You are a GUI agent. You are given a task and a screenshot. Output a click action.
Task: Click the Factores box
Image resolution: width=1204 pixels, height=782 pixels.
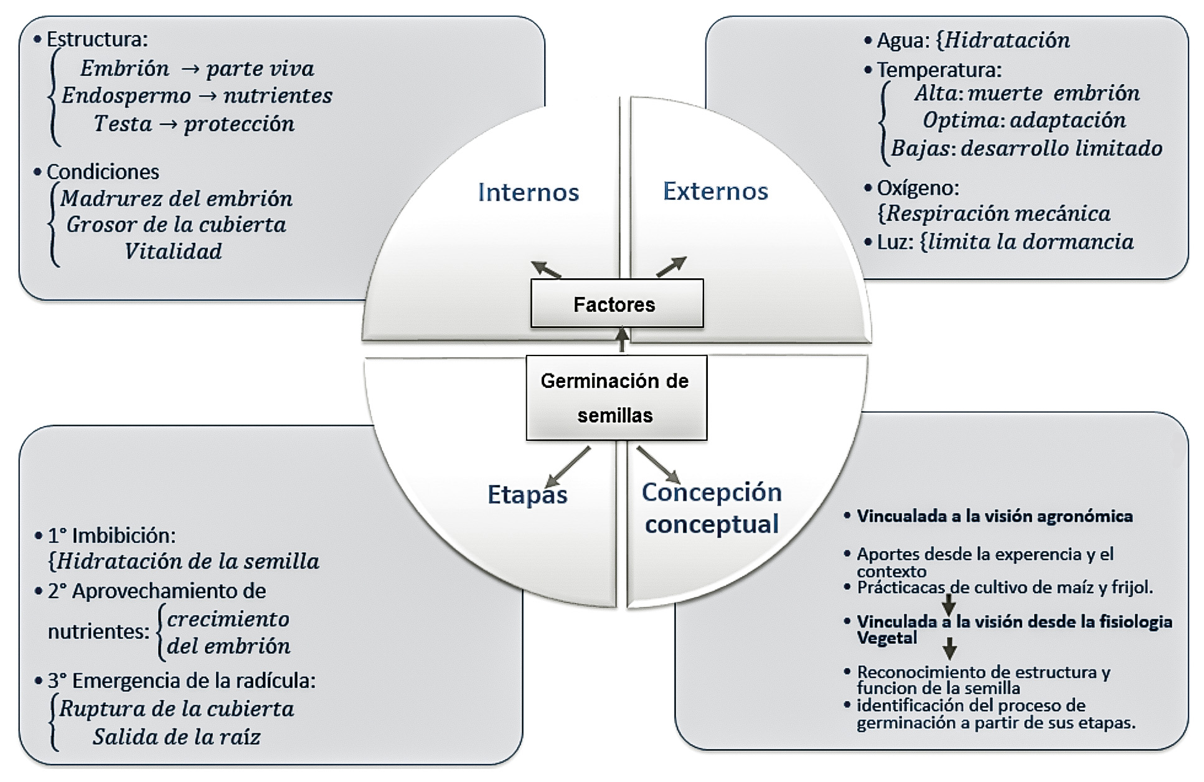[616, 304]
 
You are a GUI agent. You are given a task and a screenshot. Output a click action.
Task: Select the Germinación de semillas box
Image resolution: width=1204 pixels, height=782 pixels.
[616, 398]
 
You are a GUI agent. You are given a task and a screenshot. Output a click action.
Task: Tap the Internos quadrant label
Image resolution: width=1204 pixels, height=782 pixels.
[529, 192]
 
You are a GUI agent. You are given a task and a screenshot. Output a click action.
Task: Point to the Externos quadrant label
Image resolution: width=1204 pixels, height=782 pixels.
[715, 191]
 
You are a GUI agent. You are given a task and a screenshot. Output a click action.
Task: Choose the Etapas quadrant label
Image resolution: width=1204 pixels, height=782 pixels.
[527, 495]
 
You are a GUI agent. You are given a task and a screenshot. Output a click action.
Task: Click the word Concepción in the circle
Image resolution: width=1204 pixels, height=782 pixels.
[712, 492]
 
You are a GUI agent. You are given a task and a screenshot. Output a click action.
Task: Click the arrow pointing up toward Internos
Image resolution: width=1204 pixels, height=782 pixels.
[546, 269]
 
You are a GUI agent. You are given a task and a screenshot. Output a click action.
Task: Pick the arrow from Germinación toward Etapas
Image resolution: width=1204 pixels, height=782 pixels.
[568, 466]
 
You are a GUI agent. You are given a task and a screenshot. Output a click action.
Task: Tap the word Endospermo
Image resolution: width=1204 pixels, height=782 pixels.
[126, 96]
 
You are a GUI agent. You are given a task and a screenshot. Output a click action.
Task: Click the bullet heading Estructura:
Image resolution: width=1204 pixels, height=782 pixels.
[97, 39]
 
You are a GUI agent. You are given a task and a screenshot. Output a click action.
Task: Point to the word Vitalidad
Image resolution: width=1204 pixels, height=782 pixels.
[173, 252]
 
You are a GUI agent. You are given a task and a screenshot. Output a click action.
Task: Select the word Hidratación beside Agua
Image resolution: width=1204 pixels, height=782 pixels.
[1007, 40]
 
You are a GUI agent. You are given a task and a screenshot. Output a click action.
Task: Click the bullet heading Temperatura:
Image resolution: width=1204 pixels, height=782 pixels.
[939, 69]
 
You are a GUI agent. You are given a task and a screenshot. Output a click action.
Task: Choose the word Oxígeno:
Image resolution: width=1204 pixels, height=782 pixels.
[918, 187]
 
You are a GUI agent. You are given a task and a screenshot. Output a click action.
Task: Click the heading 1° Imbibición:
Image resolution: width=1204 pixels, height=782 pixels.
[112, 535]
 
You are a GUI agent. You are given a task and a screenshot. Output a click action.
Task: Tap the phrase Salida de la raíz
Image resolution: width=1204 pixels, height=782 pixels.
[177, 737]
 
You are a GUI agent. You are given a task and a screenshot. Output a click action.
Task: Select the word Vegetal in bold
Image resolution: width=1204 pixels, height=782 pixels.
[887, 638]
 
